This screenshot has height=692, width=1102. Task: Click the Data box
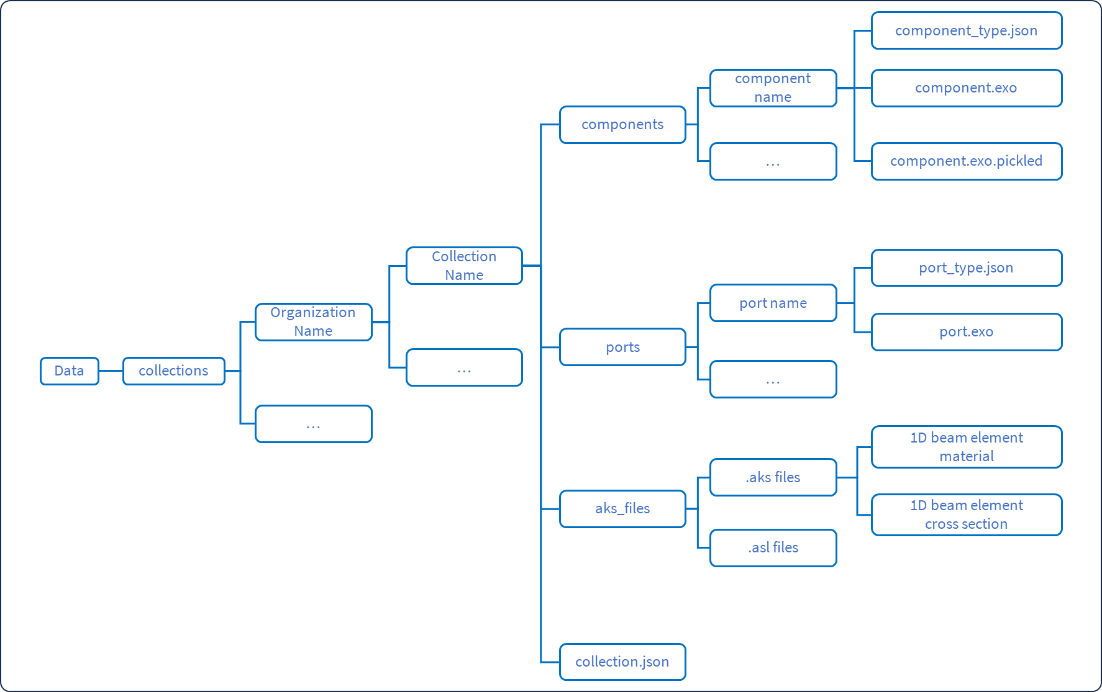tap(70, 371)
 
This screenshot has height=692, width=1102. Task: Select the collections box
tap(174, 371)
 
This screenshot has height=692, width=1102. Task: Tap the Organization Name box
tap(314, 322)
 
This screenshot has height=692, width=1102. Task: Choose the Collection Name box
tap(464, 266)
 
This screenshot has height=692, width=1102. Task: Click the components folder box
tap(622, 125)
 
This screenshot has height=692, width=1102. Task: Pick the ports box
tap(622, 347)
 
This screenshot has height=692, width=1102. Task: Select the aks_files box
tap(622, 509)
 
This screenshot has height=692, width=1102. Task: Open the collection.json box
tap(622, 662)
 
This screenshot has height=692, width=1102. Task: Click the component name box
tap(773, 88)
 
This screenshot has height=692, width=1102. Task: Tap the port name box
tap(773, 303)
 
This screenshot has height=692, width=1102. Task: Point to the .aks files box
tap(773, 477)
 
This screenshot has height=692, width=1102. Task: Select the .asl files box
tap(773, 548)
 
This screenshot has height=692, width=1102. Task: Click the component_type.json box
tap(967, 30)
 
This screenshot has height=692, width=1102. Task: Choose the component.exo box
tap(967, 88)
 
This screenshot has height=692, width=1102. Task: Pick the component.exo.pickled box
tap(967, 161)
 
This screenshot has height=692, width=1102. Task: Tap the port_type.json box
tap(967, 268)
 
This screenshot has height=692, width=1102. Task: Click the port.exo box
tap(967, 332)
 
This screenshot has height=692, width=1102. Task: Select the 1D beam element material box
tap(967, 447)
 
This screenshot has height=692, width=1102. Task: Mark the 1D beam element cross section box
tap(967, 515)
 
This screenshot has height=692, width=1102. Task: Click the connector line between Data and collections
tap(111, 371)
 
